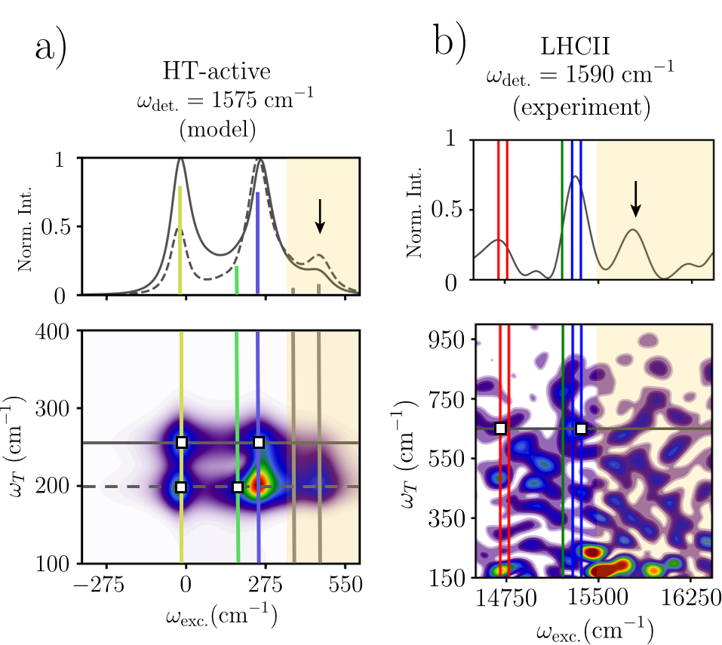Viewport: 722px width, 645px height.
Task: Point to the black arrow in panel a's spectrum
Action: [320, 216]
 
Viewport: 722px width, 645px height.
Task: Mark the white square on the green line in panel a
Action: [238, 487]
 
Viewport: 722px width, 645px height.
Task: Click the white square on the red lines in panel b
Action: [501, 428]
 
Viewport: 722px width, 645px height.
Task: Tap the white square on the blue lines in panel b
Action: [581, 428]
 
